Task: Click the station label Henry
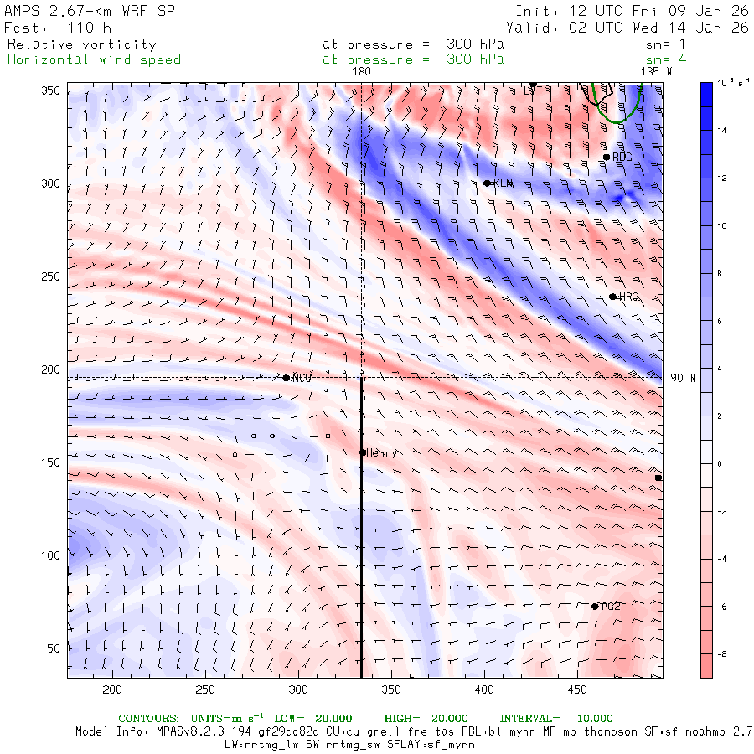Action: click(x=381, y=453)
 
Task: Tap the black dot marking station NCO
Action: click(x=287, y=378)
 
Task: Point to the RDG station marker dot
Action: click(x=607, y=157)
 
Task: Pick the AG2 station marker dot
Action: click(x=595, y=607)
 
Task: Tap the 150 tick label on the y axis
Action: click(x=52, y=462)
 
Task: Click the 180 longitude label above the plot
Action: click(x=361, y=72)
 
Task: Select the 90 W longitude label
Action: click(x=683, y=378)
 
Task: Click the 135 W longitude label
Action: click(x=656, y=72)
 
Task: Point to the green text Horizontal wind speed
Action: click(x=94, y=59)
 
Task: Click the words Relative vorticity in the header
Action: click(x=81, y=44)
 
